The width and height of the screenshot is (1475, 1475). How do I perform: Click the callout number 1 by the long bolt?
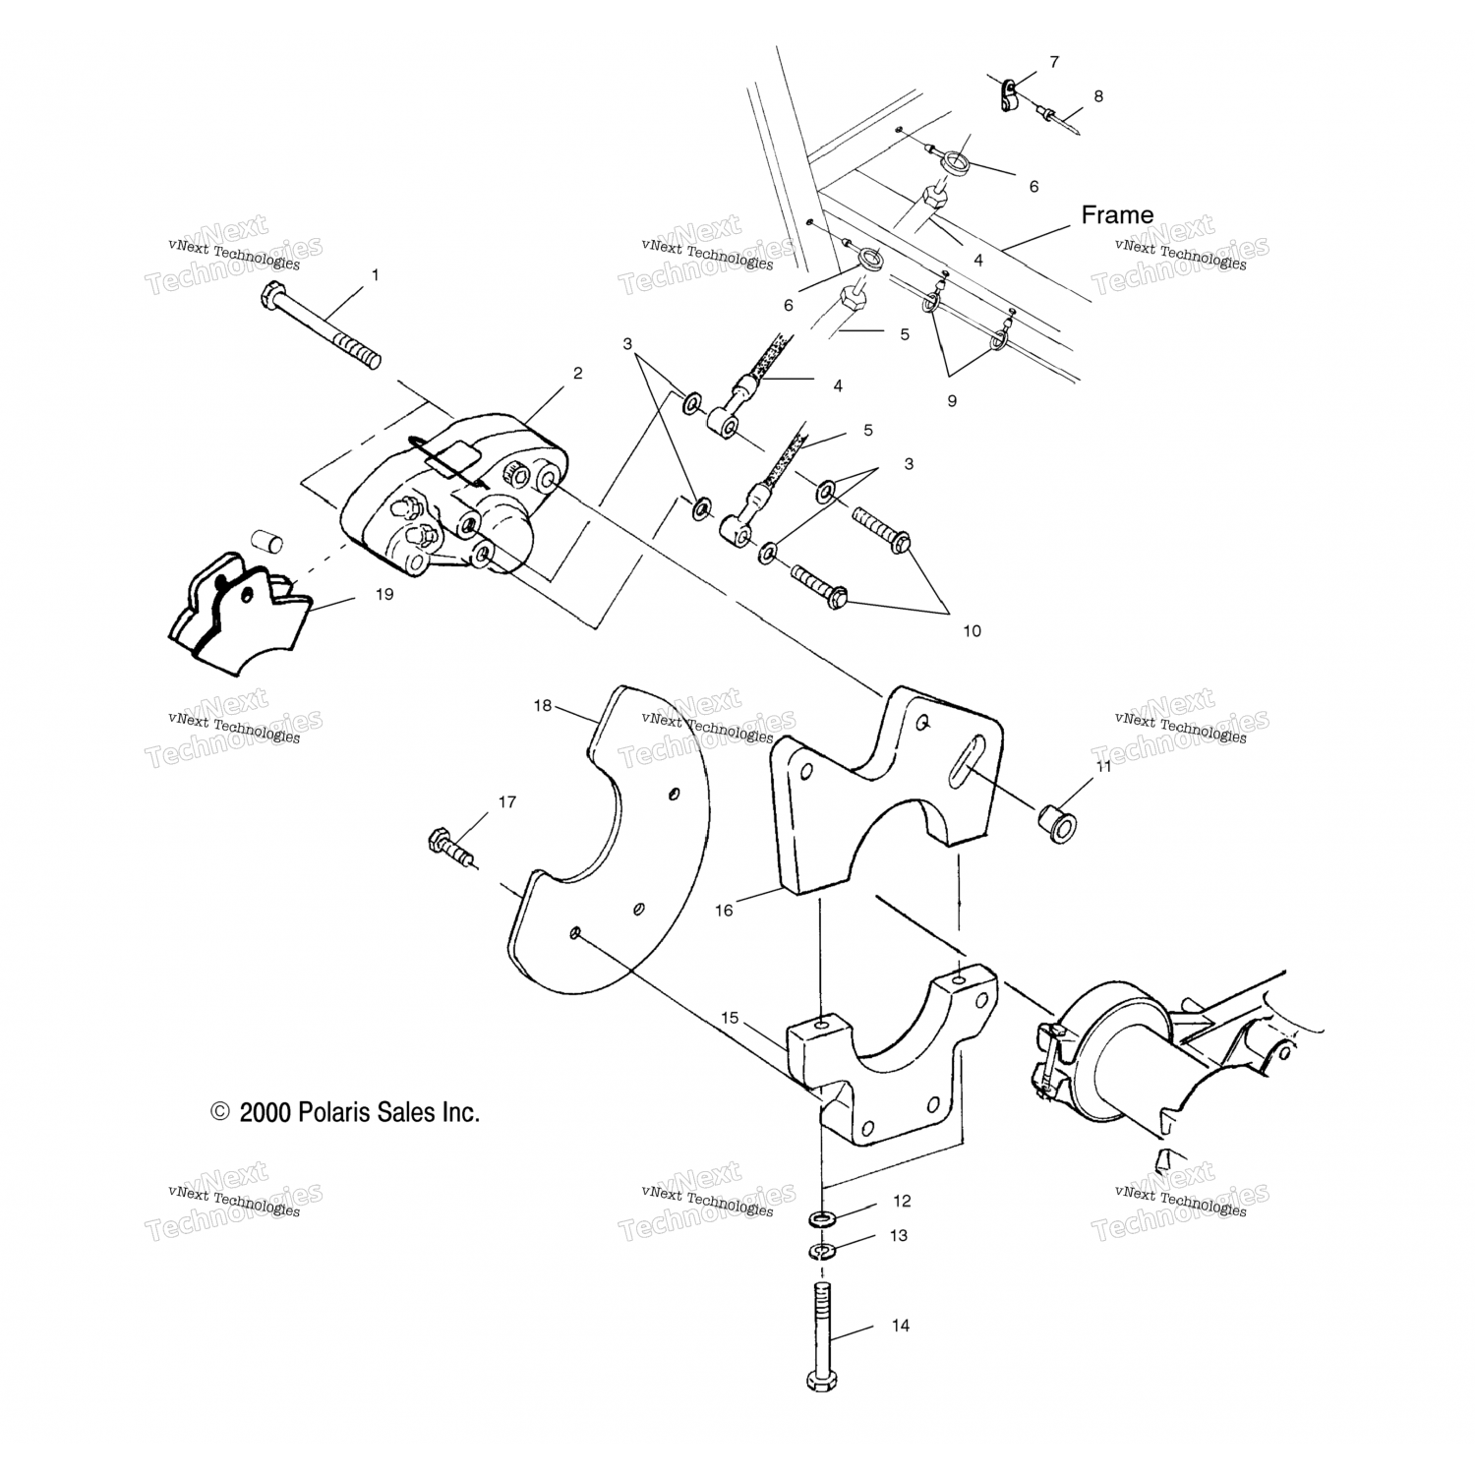pos(375,275)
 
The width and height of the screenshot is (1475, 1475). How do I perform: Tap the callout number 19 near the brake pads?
pos(383,594)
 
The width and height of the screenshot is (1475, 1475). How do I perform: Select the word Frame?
pos(1117,214)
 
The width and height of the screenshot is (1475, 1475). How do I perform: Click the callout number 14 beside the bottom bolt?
pos(901,1326)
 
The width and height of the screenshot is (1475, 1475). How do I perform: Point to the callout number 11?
pos(1103,766)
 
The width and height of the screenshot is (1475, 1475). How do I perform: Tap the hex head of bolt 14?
pos(821,1380)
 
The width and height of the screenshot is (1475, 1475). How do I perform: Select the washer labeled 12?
pos(823,1220)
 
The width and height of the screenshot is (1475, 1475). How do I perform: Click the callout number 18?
pos(543,705)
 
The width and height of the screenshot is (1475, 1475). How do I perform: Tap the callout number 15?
pos(730,1018)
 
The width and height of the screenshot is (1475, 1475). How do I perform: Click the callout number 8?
pos(1098,96)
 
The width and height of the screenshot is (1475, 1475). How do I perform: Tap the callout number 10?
pos(972,630)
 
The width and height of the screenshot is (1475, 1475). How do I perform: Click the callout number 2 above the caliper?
pos(577,373)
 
